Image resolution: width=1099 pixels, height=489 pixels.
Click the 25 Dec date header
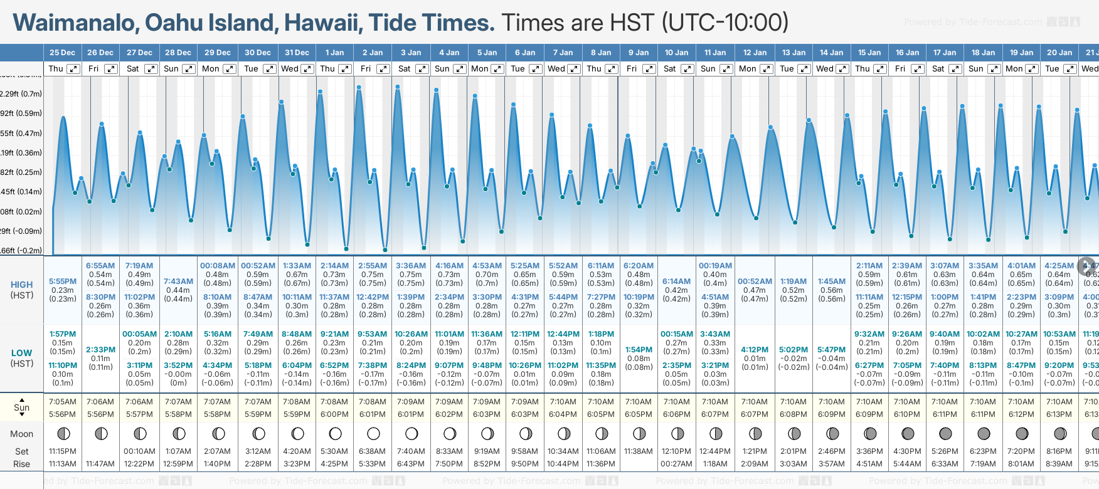coord(62,53)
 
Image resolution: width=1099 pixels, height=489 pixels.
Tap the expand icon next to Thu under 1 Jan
coord(345,69)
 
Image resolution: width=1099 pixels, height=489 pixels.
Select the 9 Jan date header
coord(639,53)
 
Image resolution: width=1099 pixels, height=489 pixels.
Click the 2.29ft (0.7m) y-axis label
coord(21,94)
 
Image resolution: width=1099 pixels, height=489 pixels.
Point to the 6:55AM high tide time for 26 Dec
coord(100,266)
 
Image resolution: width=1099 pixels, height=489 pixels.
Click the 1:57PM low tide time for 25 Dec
coord(62,334)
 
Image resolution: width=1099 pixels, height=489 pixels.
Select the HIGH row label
coord(22,285)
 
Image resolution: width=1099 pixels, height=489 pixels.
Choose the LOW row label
coord(22,353)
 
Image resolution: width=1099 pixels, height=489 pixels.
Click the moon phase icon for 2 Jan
coord(373,433)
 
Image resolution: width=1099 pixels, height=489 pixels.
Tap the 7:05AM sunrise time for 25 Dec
coord(62,402)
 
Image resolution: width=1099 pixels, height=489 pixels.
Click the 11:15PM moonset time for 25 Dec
coord(62,451)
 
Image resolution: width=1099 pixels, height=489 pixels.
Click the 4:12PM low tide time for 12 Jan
coord(755,350)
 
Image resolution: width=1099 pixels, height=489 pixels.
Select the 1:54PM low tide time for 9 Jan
coord(639,350)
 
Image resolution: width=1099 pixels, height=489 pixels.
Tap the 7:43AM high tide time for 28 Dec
coord(178,281)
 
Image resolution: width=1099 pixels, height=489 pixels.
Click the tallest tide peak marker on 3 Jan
coord(398,87)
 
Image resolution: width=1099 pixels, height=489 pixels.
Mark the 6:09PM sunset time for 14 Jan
coord(831,414)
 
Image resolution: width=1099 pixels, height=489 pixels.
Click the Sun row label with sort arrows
coord(22,407)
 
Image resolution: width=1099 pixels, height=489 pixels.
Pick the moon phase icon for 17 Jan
coord(945,433)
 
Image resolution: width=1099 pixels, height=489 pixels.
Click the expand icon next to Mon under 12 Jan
coord(766,69)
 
